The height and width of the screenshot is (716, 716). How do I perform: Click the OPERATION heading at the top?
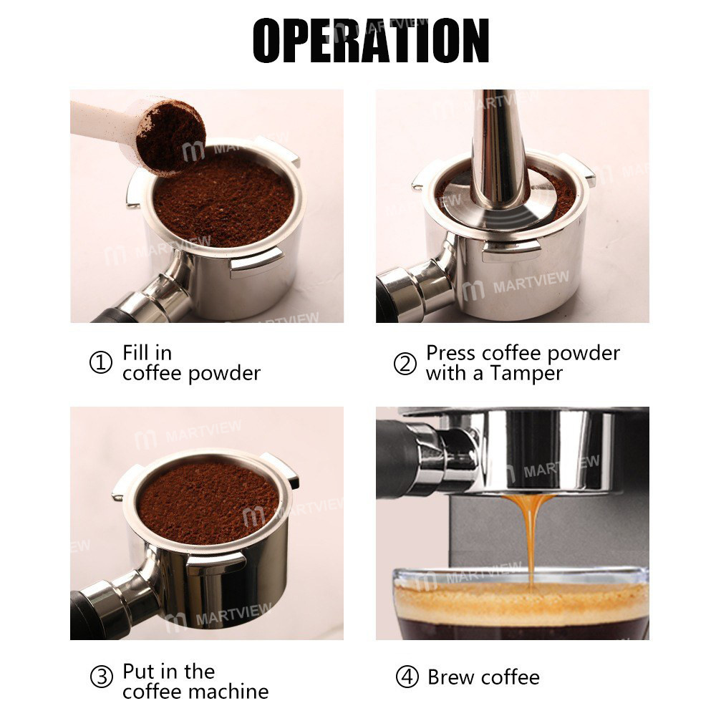point(370,40)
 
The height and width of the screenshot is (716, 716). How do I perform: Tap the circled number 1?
point(101,363)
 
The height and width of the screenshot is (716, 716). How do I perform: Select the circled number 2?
point(405,363)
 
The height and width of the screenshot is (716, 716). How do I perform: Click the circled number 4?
point(405,677)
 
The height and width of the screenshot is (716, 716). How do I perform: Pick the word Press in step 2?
point(451,353)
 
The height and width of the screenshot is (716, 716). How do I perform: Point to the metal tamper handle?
point(499,143)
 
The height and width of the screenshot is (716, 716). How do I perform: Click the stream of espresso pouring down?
point(530,537)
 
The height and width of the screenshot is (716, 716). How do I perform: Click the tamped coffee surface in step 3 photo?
point(208,501)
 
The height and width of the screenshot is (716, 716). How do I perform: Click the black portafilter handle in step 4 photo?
point(401,458)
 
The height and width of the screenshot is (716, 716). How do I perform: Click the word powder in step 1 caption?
point(227,373)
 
